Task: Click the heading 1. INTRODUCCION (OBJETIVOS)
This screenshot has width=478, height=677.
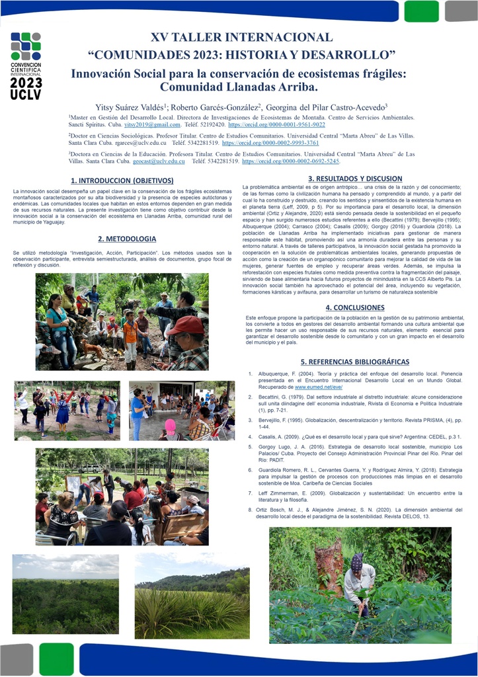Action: (122, 180)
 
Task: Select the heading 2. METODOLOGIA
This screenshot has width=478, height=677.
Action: (127, 239)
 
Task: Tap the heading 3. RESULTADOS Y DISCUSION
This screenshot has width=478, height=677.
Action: (355, 179)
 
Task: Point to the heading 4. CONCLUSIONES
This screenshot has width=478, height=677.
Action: (354, 307)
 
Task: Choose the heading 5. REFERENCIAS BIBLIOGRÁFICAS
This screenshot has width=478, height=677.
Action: (354, 362)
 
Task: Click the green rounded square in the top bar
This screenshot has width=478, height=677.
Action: (421, 11)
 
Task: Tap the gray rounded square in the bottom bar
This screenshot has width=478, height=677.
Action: (17, 658)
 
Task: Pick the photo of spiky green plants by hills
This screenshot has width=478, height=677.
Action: (192, 596)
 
